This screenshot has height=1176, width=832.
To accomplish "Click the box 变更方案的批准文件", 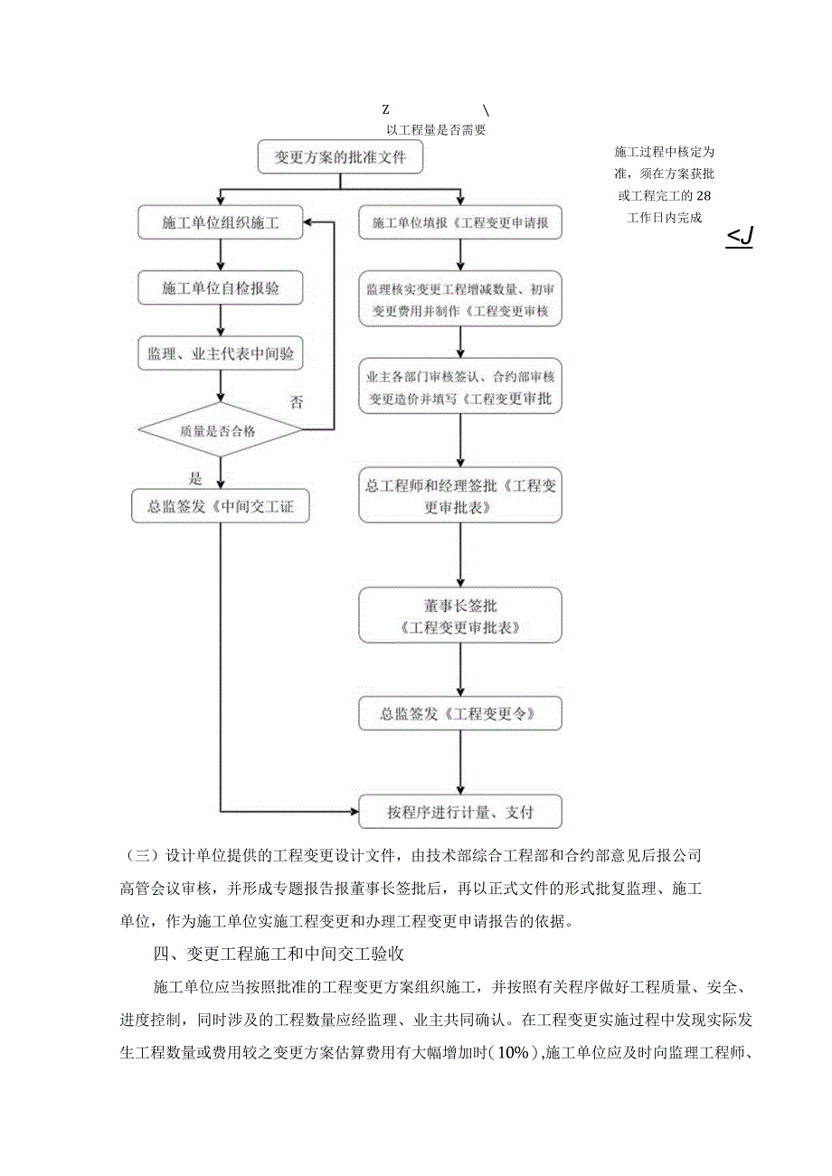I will pos(339,157).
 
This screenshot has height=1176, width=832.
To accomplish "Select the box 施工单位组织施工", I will pos(220,221).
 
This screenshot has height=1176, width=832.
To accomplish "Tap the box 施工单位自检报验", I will pos(220,288).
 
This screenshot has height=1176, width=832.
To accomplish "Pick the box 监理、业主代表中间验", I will pos(220,355).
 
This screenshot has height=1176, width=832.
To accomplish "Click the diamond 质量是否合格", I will pos(220,430).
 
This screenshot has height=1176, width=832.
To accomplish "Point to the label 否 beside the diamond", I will pos(296,403).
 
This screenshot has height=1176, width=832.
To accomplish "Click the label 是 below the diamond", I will pos(195,478).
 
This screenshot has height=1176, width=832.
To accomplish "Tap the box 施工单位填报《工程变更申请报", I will pos(460,222).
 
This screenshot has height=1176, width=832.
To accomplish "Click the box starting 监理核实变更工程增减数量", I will pos(460,301).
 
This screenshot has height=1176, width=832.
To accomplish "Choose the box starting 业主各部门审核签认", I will pos(460,388).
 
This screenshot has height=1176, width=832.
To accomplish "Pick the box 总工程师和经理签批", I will pos(460,496).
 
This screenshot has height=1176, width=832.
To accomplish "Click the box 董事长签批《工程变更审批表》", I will pos(460,616).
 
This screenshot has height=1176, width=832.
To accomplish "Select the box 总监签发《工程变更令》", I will pos(460,714).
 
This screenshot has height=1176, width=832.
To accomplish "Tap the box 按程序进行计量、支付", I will pos(460,812).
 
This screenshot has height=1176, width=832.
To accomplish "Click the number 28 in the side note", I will pos(706,195).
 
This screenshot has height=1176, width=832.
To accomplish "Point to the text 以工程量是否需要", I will pos(437,129).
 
